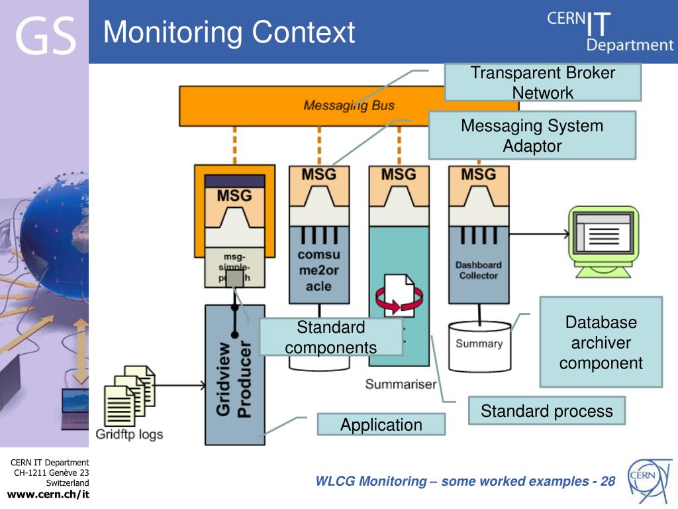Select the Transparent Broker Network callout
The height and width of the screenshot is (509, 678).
542,82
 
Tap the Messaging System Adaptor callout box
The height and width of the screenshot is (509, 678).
532,135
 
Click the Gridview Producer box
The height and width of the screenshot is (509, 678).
235,378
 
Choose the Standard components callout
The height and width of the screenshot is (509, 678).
330,337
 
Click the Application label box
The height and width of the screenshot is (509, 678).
381,425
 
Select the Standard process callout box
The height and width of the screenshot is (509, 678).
546,411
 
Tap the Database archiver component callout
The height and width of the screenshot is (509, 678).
601,342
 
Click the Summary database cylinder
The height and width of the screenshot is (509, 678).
479,345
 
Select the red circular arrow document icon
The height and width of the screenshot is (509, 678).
395,296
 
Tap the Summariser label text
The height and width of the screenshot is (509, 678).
401,384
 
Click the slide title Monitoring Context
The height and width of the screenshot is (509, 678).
229,32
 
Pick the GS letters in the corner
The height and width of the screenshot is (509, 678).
45,34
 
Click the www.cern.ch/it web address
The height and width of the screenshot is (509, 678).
48,494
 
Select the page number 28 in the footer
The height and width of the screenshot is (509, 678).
608,481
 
